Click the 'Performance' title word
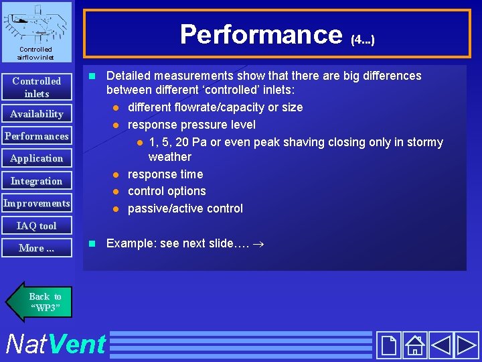click(x=260, y=34)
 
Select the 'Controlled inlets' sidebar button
click(x=37, y=87)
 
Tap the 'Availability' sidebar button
click(x=37, y=114)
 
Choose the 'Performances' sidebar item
click(x=37, y=136)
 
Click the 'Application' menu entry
click(x=37, y=158)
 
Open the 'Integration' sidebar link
click(x=37, y=181)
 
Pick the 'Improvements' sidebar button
click(x=37, y=203)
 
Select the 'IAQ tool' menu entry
click(x=37, y=226)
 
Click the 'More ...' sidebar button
click(x=37, y=248)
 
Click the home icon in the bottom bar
click(x=415, y=345)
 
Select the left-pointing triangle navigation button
click(x=440, y=345)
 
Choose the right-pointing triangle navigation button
click(x=466, y=345)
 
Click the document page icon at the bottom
click(x=388, y=345)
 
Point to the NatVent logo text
click(x=55, y=345)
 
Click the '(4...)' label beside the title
click(x=362, y=40)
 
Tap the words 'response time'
click(x=165, y=174)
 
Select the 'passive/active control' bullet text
click(x=185, y=208)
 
